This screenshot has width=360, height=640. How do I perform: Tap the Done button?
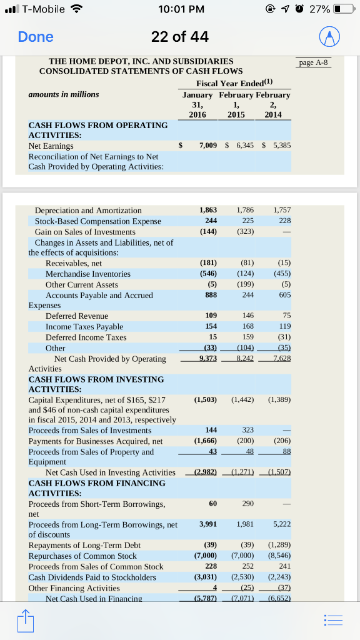click(x=36, y=37)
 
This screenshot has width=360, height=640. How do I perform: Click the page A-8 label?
click(x=314, y=62)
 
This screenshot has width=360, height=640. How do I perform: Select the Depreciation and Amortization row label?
click(x=88, y=211)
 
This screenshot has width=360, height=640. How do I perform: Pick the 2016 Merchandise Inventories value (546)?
click(x=207, y=274)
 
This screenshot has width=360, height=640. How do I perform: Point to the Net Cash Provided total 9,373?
click(x=207, y=359)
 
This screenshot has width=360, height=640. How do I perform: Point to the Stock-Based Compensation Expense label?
click(x=97, y=221)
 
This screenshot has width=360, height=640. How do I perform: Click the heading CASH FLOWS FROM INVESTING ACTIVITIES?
click(x=96, y=384)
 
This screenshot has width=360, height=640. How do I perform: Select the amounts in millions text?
click(x=64, y=94)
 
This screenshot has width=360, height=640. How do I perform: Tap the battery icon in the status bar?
click(x=341, y=9)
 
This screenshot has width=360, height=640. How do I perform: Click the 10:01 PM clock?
click(x=179, y=9)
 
